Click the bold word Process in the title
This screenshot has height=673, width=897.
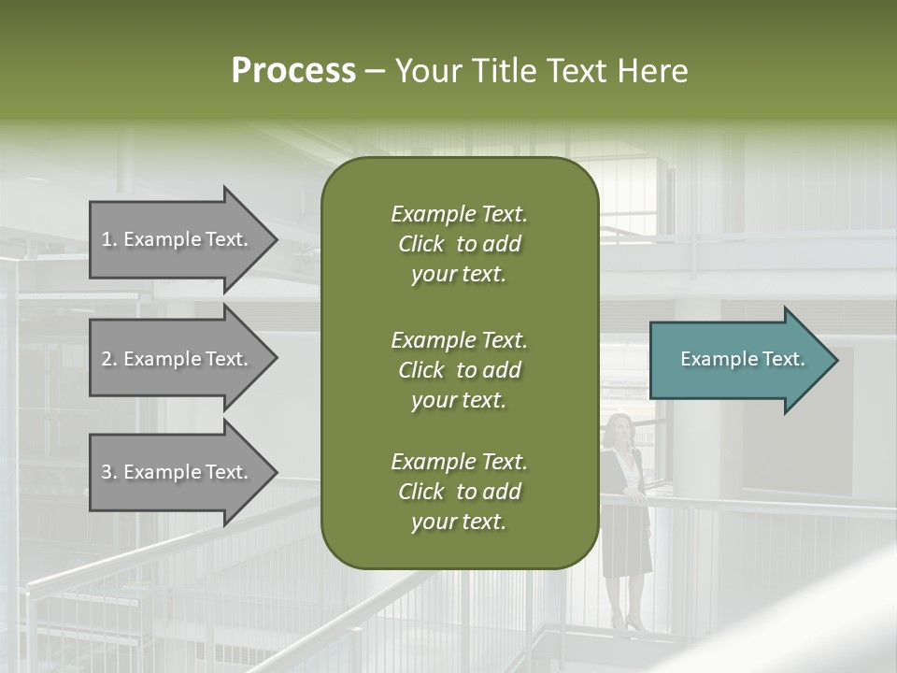coord(293,71)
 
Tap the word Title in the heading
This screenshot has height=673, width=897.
coord(505,71)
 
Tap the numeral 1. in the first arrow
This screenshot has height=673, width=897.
coord(109,239)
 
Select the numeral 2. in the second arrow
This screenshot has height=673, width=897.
coord(109,359)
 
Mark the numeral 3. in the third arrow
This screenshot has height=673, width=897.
coord(109,472)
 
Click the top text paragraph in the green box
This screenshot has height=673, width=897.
coord(459,244)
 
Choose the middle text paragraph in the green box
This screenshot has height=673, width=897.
coord(459,369)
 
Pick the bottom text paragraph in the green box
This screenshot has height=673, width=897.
coord(459,492)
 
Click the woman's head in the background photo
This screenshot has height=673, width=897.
coord(618,429)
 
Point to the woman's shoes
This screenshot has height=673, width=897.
coord(625,622)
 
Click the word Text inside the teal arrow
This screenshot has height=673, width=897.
coord(783,359)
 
